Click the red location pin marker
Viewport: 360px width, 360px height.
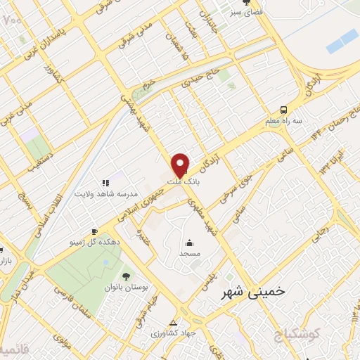(x=181, y=165)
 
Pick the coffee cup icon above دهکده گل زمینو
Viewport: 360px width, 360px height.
(x=94, y=231)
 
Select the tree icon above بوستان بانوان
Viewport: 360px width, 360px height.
(x=126, y=276)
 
